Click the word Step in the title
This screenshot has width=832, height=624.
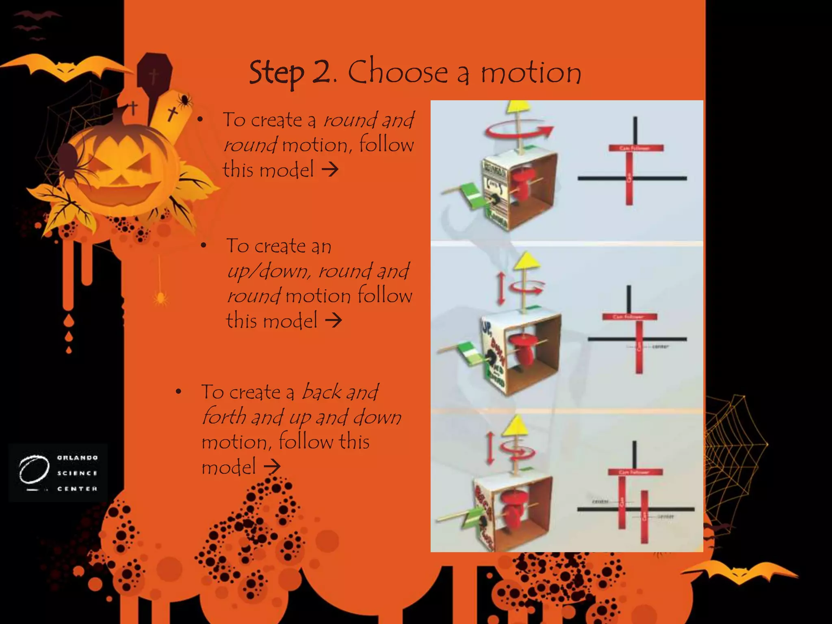coord(276,73)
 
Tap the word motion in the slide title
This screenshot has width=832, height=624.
coord(531,73)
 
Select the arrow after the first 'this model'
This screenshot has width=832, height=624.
coord(330,169)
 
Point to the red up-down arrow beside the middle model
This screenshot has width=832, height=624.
coord(501,288)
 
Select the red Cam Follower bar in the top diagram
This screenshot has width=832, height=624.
coord(636,148)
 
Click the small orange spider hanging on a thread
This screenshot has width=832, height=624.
coord(160,299)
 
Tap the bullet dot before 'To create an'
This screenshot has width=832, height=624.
coord(204,246)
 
